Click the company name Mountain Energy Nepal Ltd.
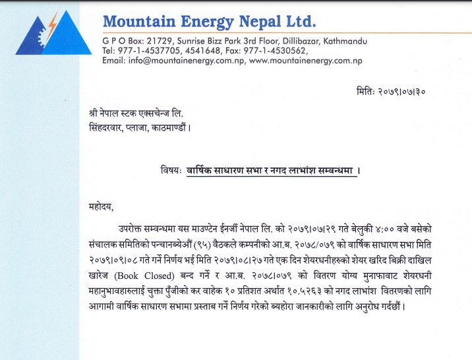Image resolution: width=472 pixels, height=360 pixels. click(x=210, y=22)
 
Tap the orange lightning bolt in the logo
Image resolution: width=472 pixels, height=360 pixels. click(x=52, y=26)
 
